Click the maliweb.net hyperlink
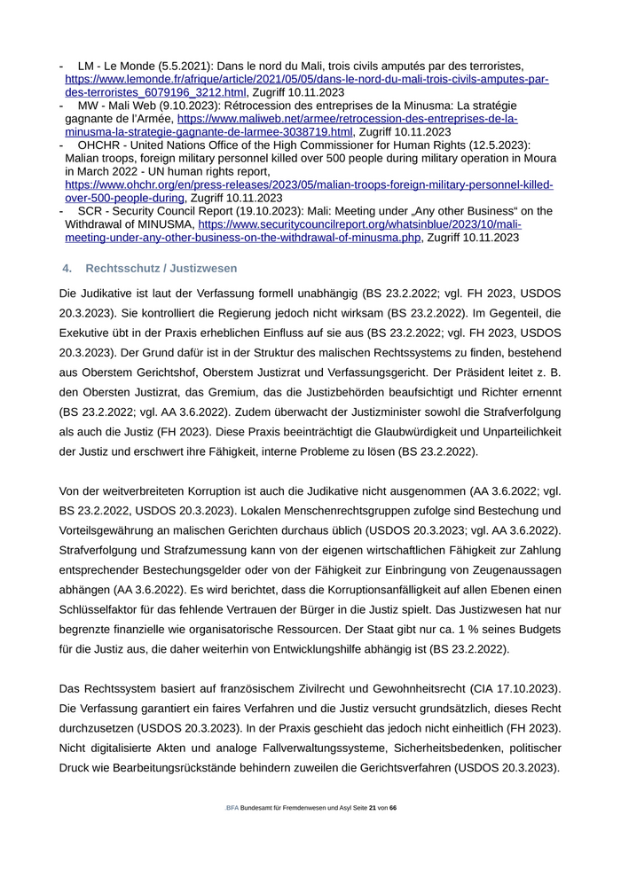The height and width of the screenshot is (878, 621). coord(347,118)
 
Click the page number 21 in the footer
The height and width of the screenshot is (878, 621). coord(373,808)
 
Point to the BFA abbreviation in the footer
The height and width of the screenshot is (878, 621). coord(232,808)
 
